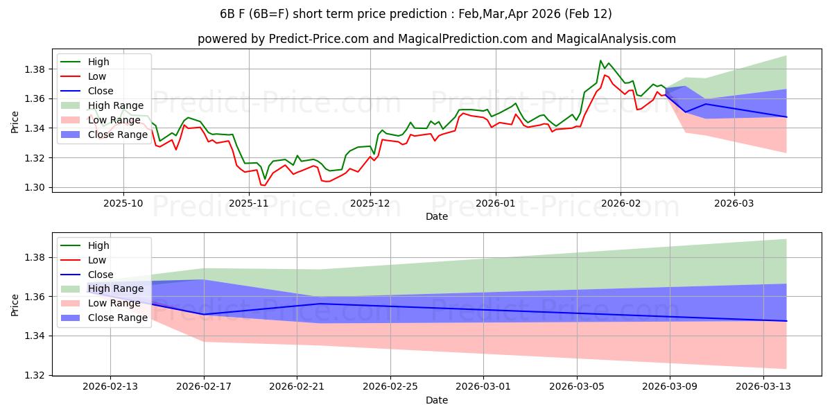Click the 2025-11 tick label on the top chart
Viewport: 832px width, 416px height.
tap(248, 203)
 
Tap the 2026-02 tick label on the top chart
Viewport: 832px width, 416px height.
tap(621, 203)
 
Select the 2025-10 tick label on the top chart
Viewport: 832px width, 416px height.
tap(123, 203)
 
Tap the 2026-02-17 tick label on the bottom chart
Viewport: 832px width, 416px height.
tap(204, 387)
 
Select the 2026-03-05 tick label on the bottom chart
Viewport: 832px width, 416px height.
tap(577, 387)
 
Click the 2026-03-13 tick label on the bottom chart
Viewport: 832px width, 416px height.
tap(763, 387)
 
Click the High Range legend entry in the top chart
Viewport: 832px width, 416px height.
tap(114, 105)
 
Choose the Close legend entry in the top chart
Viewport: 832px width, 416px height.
tap(101, 91)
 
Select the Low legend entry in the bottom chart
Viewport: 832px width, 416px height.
tap(98, 260)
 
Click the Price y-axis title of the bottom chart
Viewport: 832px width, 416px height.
tap(15, 306)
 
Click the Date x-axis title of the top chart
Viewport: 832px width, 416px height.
tap(437, 216)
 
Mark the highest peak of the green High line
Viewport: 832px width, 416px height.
tap(600, 60)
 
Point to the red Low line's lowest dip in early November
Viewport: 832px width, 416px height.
tap(264, 185)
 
